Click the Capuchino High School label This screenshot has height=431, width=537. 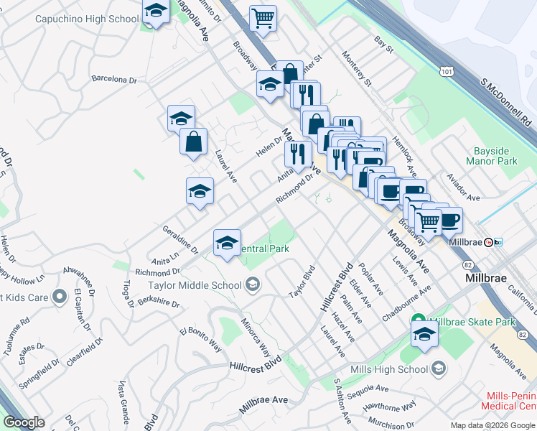[86, 18]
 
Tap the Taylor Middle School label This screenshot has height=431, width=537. [195, 285]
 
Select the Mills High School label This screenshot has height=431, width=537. [389, 369]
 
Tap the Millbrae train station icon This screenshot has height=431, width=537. [490, 242]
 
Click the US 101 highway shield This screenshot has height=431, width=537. [447, 72]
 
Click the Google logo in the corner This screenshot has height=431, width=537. [24, 422]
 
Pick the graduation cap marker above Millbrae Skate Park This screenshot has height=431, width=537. [424, 334]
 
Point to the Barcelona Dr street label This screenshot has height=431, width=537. [116, 80]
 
